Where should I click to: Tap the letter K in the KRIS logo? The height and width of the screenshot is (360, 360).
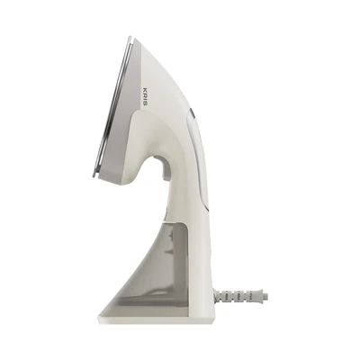146,88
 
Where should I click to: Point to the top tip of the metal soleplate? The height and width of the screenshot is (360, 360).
130,37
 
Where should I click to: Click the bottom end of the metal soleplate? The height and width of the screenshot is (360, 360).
94,179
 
